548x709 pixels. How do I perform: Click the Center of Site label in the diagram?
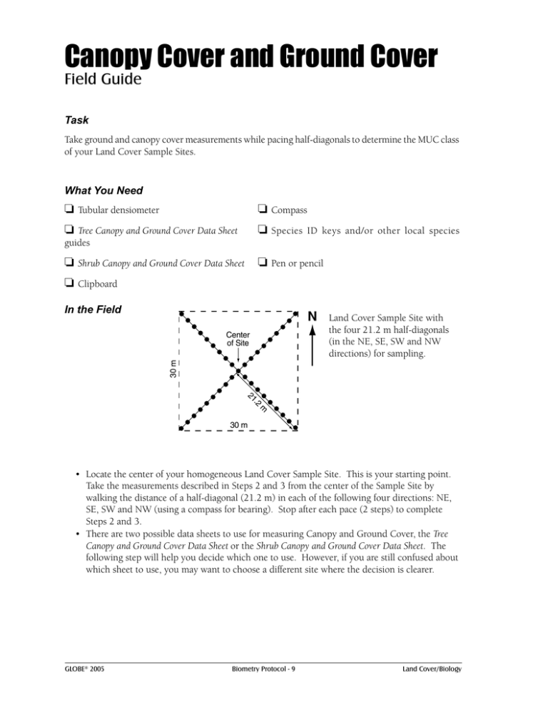tap(238, 338)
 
